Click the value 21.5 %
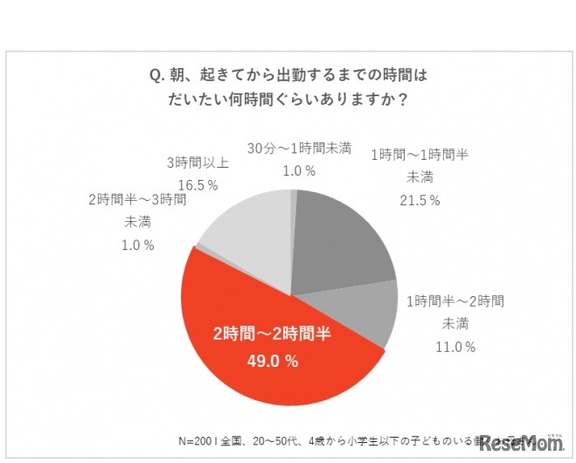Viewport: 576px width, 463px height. click(x=419, y=200)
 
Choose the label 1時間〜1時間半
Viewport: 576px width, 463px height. click(x=420, y=155)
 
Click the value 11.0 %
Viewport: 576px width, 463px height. click(x=455, y=347)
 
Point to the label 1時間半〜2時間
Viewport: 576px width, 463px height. click(x=455, y=301)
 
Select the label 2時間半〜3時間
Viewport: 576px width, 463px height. click(x=137, y=199)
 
